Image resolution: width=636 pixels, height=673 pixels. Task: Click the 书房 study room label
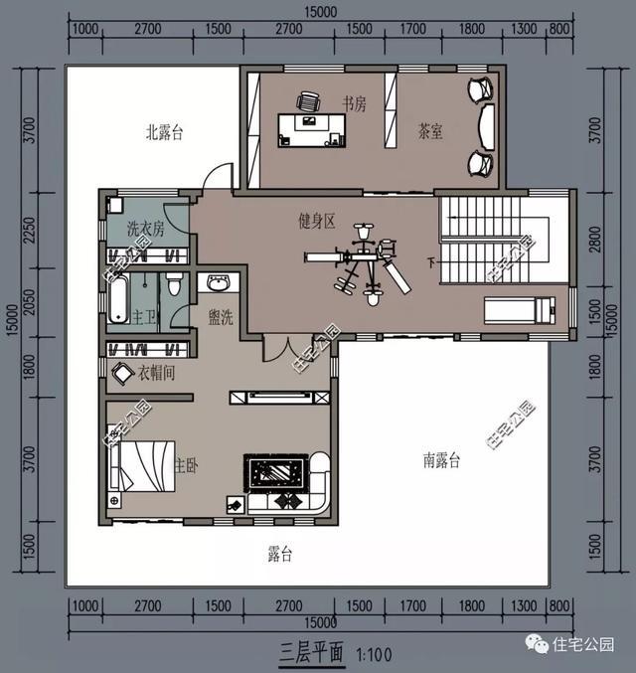tap(355, 103)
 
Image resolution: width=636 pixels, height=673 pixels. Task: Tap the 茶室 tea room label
tap(430, 131)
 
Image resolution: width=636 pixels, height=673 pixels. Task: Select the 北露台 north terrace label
tap(165, 131)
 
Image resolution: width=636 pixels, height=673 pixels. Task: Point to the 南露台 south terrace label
tap(442, 460)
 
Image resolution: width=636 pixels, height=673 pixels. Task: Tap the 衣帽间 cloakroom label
tap(157, 375)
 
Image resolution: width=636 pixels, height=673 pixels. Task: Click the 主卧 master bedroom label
tap(186, 464)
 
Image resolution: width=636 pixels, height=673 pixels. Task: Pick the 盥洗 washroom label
tap(221, 317)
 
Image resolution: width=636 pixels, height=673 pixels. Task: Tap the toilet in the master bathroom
tap(175, 285)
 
